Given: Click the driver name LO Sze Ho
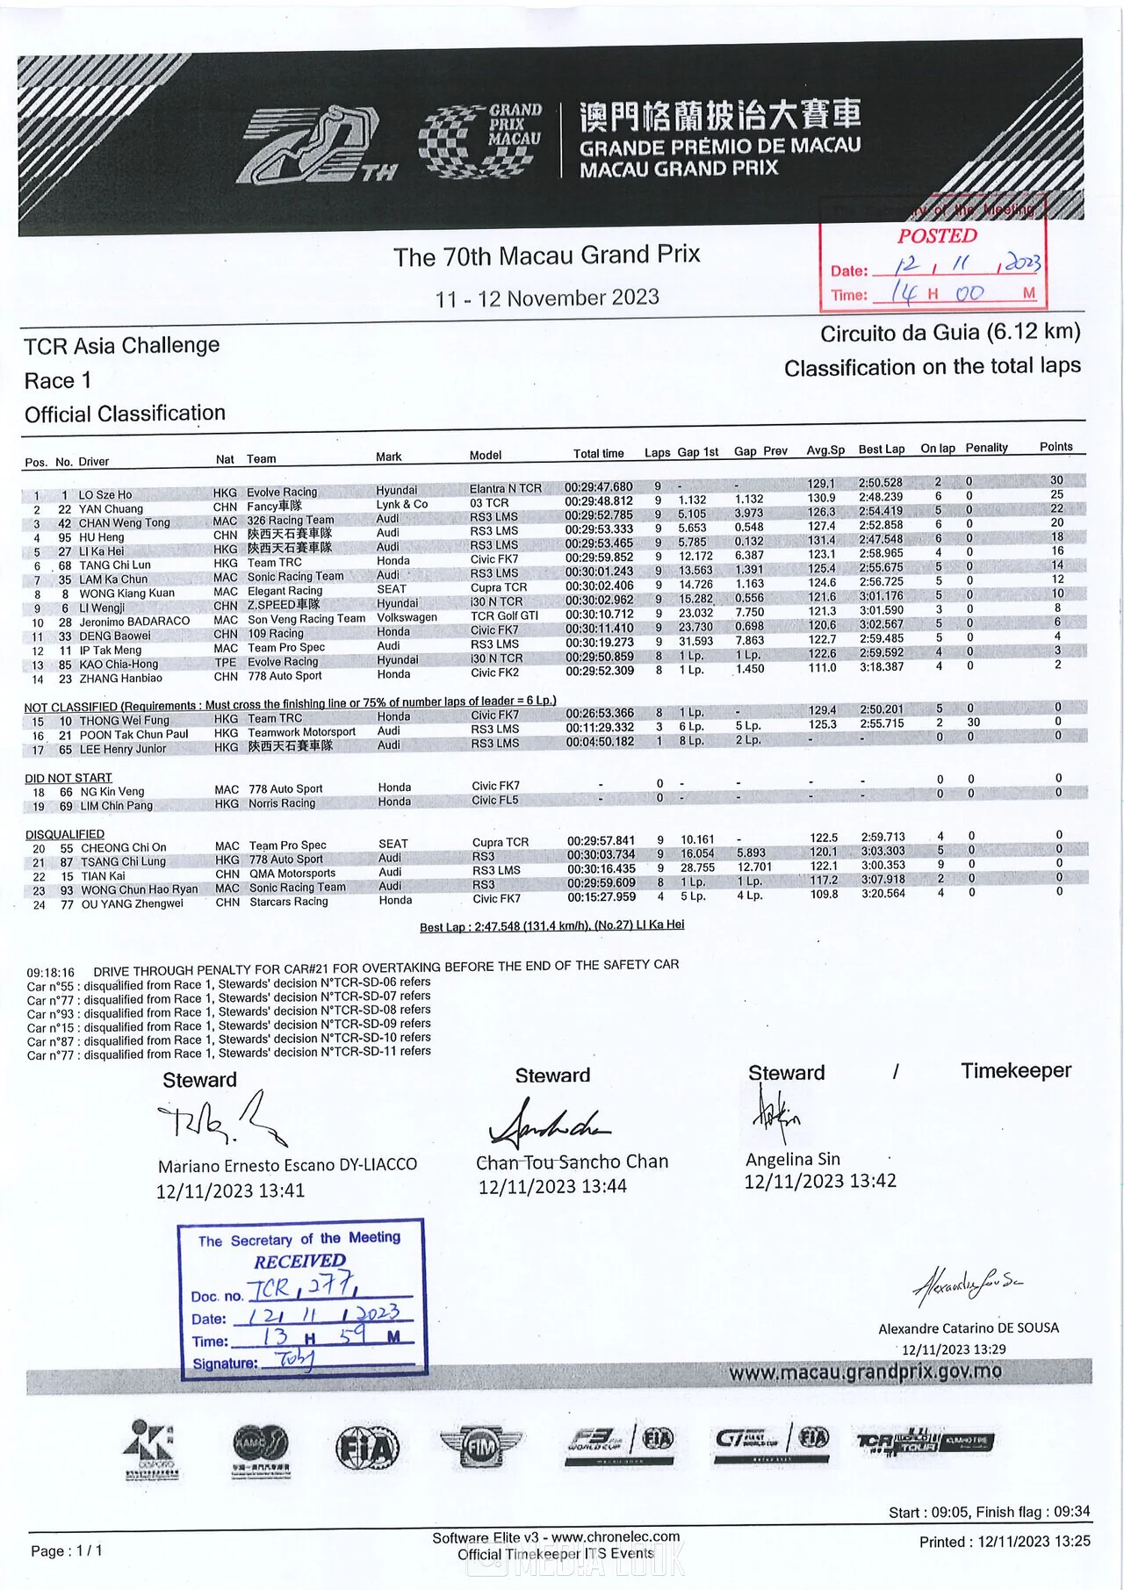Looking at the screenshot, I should [x=105, y=495].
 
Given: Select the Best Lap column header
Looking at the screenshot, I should [x=881, y=450].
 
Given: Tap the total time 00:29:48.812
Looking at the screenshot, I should [x=599, y=501].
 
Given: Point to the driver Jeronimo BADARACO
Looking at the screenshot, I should [x=134, y=622].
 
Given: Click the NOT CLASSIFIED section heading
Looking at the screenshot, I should [x=70, y=707].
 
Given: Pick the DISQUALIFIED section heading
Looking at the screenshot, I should [x=65, y=834].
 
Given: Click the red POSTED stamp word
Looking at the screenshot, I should [x=937, y=236].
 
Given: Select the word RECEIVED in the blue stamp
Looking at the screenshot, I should [x=299, y=1262].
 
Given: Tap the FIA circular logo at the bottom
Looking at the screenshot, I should [x=367, y=1447].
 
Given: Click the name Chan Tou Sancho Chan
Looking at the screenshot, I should [x=572, y=1162].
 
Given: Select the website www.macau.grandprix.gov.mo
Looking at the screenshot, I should [x=865, y=1372].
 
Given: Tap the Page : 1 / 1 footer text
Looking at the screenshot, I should [x=67, y=1550].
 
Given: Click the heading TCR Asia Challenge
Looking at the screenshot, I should [x=121, y=345].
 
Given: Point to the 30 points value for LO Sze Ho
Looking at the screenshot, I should [x=1056, y=480].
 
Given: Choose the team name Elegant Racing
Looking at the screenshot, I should [x=285, y=591].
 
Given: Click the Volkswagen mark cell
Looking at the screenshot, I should [x=407, y=617].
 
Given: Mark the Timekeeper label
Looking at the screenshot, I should [x=1015, y=1071].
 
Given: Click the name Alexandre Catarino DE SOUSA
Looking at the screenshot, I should [x=969, y=1328].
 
